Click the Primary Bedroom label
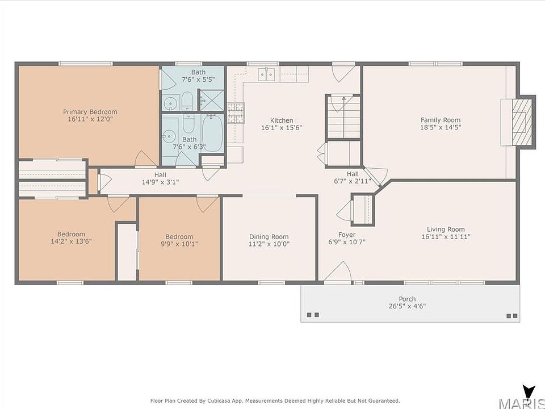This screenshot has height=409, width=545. coord(90,112)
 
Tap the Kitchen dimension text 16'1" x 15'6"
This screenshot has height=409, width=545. coord(282,128)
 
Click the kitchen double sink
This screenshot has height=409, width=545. coord(267,74)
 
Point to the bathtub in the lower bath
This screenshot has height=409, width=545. coord(212,133)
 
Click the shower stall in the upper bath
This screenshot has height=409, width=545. coord(211,100)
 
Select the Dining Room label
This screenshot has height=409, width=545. coord(269,237)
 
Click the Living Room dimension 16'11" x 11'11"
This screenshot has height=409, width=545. coord(446,236)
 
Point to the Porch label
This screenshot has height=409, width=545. coord(407,299)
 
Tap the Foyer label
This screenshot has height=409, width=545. coord(347,235)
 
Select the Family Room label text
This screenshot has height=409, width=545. coord(441,120)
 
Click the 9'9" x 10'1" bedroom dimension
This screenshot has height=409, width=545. coord(179,244)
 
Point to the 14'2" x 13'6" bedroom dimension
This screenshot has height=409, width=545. coord(72,241)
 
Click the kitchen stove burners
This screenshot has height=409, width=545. coord(236,113)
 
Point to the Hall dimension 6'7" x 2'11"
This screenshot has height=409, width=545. coord(353,181)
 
